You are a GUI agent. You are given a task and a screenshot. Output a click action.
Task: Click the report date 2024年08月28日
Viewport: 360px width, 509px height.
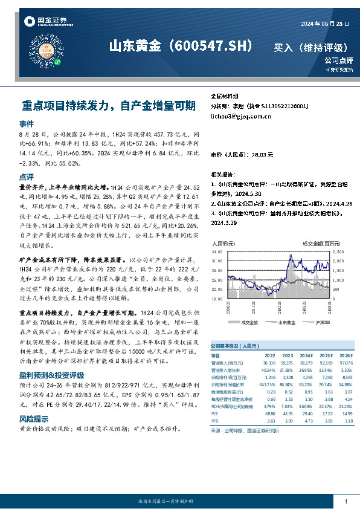point(325,23)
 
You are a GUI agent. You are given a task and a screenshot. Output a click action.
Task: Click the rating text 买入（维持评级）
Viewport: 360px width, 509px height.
point(310,47)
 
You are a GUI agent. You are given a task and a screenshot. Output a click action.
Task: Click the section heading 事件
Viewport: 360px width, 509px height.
point(27,123)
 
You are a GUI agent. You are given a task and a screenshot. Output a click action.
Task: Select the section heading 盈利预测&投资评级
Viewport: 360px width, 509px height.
point(52,375)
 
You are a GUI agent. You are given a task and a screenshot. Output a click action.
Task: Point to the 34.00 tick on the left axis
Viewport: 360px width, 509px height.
point(217,250)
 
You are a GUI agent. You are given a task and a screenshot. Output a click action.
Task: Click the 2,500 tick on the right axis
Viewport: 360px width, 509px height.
point(338,250)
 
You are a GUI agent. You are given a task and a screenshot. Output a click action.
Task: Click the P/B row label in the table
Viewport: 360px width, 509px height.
point(214,420)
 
